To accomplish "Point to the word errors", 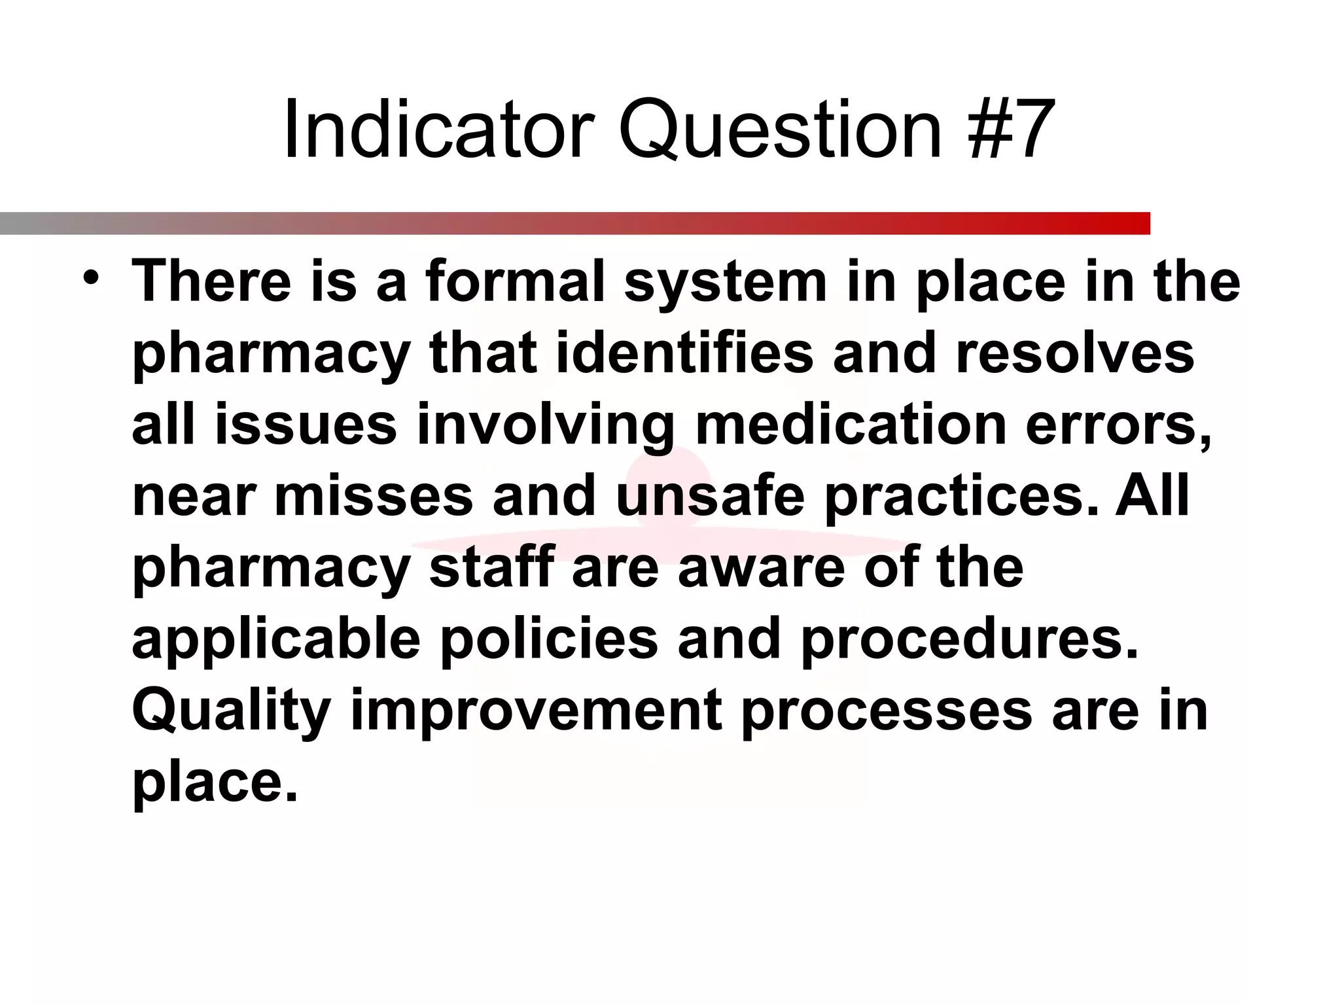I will click(x=1116, y=425).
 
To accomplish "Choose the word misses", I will click(x=374, y=495).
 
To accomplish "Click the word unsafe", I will click(x=710, y=495).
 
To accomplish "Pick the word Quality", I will click(x=232, y=712).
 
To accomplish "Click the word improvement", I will click(x=537, y=712).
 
